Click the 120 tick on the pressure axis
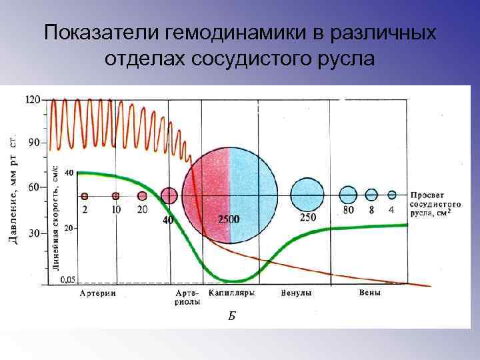click(33, 99)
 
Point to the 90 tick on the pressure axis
click(33, 143)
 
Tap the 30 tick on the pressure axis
click(33, 233)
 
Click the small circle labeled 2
click(85, 196)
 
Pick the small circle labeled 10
click(116, 196)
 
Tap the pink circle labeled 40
click(169, 195)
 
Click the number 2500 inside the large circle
click(229, 219)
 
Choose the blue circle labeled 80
click(349, 195)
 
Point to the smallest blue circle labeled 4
click(392, 195)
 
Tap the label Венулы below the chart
click(297, 293)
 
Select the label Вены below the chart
click(370, 293)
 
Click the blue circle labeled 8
click(371, 195)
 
